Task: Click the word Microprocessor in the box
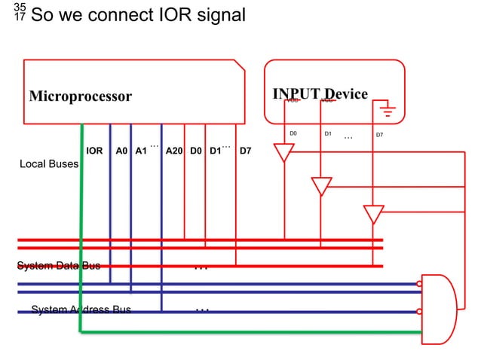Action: pos(81,96)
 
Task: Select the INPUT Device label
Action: pos(320,94)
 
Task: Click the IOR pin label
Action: pos(94,151)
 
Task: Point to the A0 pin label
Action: pos(121,151)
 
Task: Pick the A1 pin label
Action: pos(140,151)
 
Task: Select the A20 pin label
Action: pos(174,151)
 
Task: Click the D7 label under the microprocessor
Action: pos(245,151)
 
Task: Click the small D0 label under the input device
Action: pos(294,133)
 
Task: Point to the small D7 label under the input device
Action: pos(379,136)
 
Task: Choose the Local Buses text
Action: pos(48,163)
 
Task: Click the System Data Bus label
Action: pos(59,265)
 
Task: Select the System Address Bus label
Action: pos(81,310)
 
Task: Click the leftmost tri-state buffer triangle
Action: pos(283,153)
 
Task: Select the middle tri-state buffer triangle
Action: pos(321,185)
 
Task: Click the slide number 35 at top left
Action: pos(20,7)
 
